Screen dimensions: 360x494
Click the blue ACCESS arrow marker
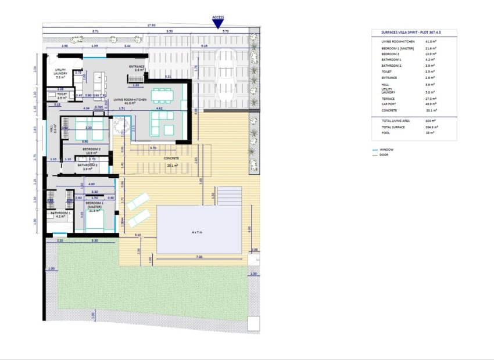pos(218,24)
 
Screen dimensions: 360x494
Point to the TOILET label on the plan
pos(62,95)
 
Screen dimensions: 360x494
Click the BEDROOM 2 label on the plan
pos(92,149)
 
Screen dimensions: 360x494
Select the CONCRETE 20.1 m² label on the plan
pos(171,160)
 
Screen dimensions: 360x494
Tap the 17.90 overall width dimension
pos(151,25)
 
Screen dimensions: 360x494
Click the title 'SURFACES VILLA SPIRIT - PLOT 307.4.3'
pos(413,34)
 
